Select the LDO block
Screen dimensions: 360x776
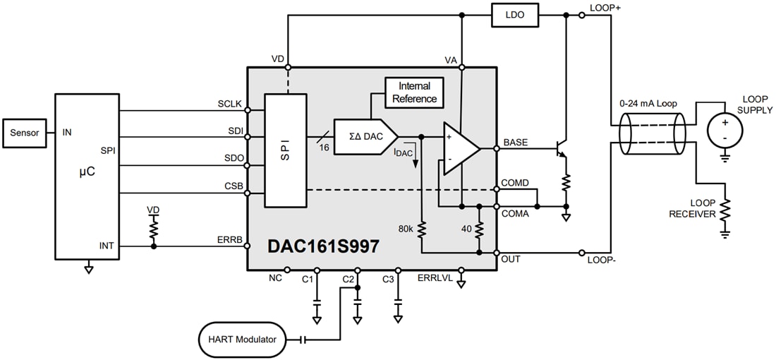click(x=514, y=14)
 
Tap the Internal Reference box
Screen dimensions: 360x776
click(x=414, y=92)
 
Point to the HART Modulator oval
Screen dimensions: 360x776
click(x=242, y=340)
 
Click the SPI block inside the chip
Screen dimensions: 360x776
click(x=285, y=150)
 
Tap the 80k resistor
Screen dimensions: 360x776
click(x=421, y=229)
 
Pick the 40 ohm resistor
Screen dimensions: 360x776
click(x=479, y=229)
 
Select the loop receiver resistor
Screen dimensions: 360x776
click(x=725, y=210)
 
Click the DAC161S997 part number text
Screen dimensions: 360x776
click(x=322, y=246)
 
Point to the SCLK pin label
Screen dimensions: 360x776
click(x=229, y=104)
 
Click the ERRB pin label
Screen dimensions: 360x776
click(x=229, y=240)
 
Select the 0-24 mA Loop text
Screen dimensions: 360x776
click(x=647, y=104)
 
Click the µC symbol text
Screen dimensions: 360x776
click(x=85, y=171)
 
